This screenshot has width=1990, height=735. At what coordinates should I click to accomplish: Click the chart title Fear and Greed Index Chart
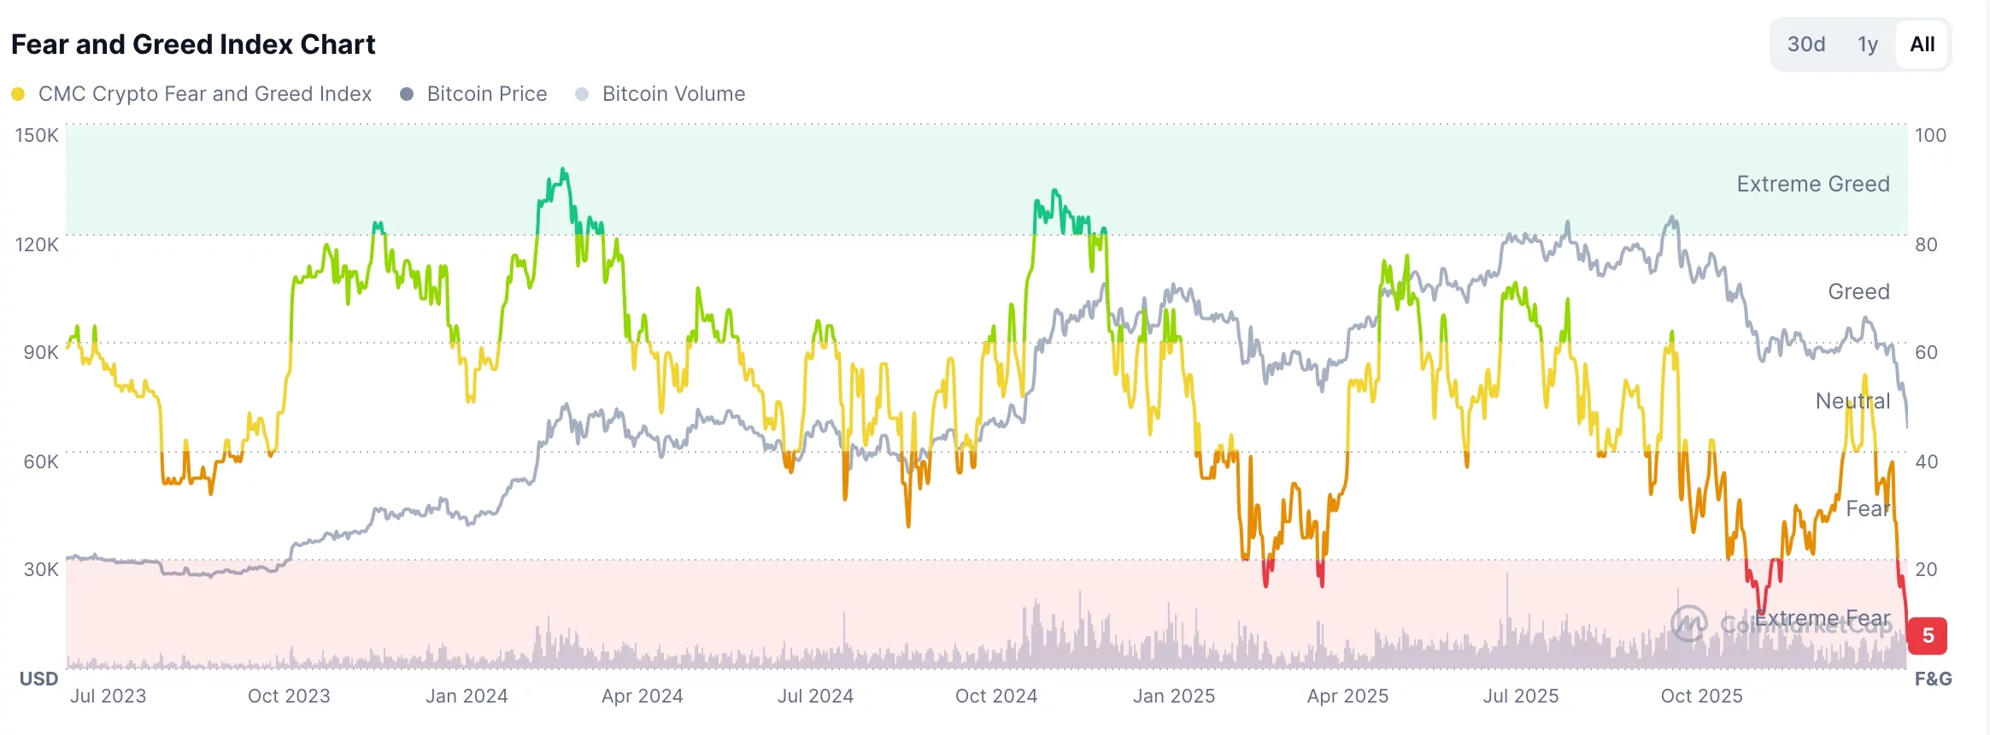coord(193,44)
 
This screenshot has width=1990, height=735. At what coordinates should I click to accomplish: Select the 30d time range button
coord(1805,44)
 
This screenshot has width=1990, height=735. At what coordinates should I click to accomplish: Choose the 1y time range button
coord(1867,44)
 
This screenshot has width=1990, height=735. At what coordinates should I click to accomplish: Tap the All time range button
coord(1922,44)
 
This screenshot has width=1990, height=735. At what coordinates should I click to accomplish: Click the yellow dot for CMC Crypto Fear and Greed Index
coord(18,94)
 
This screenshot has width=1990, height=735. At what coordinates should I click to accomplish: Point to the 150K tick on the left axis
coord(37,135)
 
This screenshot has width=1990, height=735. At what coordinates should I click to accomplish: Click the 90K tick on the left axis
coord(40,352)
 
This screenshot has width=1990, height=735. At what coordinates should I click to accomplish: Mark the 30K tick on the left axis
coord(40,569)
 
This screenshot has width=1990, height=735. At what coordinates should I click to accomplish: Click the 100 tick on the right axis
coord(1930,135)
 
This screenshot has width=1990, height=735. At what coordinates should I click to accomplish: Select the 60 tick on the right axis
coord(1926,352)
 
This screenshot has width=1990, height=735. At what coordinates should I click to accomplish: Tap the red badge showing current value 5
coord(1927,636)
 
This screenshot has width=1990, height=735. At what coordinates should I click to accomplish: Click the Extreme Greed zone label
coord(1812,184)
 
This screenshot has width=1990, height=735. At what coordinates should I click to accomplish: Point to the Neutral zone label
coord(1852,401)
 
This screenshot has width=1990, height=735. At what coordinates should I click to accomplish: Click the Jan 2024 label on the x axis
coord(467,697)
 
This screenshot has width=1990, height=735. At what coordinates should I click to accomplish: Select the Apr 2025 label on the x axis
coord(1347,697)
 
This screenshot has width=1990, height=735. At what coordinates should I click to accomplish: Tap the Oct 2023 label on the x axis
coord(289,697)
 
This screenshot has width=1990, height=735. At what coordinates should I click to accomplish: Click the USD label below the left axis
coord(38,679)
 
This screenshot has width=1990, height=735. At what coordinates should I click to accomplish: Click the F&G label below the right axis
coord(1933,679)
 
